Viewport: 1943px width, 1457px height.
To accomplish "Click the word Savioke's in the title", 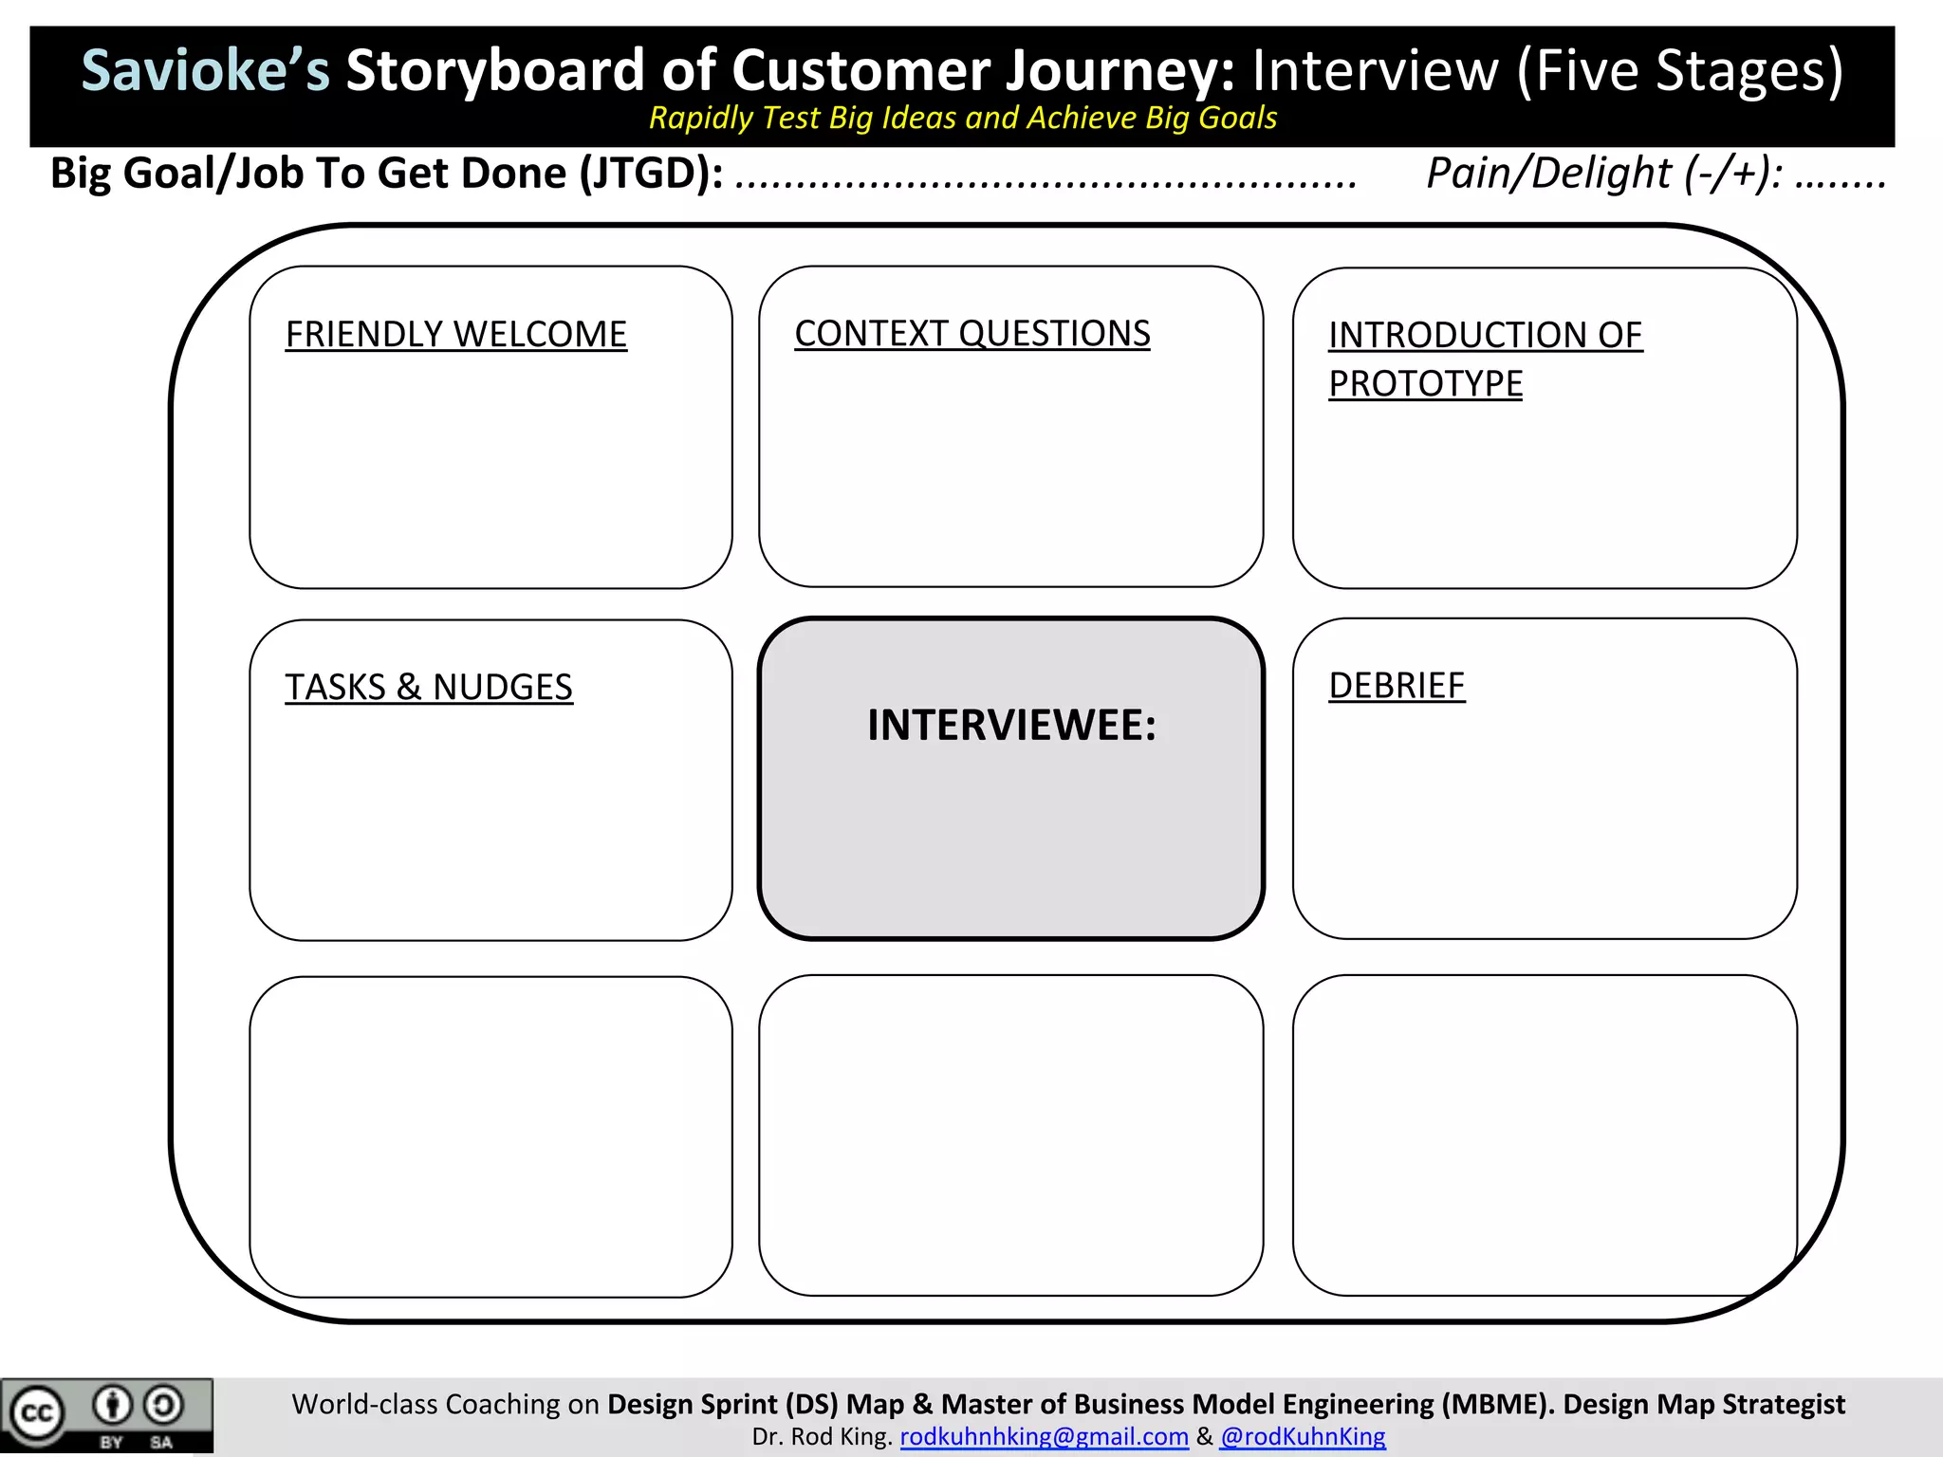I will (x=205, y=71).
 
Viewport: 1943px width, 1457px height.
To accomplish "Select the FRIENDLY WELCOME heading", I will (x=455, y=335).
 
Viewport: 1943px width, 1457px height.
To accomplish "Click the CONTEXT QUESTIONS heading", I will (x=971, y=334).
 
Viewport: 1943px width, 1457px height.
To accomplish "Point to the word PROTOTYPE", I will (x=1425, y=384).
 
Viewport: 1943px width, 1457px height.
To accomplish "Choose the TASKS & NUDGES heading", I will (x=429, y=688).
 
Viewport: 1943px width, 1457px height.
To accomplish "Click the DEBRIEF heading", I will (x=1397, y=686).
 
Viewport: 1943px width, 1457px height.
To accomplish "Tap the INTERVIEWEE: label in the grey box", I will (x=1011, y=726).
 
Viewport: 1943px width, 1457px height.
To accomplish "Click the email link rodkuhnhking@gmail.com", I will (x=1044, y=1437).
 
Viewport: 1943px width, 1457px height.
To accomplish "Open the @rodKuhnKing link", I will (x=1303, y=1437).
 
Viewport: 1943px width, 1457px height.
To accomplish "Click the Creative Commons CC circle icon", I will (x=36, y=1413).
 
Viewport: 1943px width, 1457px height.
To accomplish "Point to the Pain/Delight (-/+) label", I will (x=1603, y=174).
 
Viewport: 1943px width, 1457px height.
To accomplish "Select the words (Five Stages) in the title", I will (x=1679, y=71).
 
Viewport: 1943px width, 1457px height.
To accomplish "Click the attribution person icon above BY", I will (x=112, y=1405).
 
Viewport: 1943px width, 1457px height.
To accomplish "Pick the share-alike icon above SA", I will (x=163, y=1405).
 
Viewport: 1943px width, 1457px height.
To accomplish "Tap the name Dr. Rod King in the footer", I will (x=822, y=1437).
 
